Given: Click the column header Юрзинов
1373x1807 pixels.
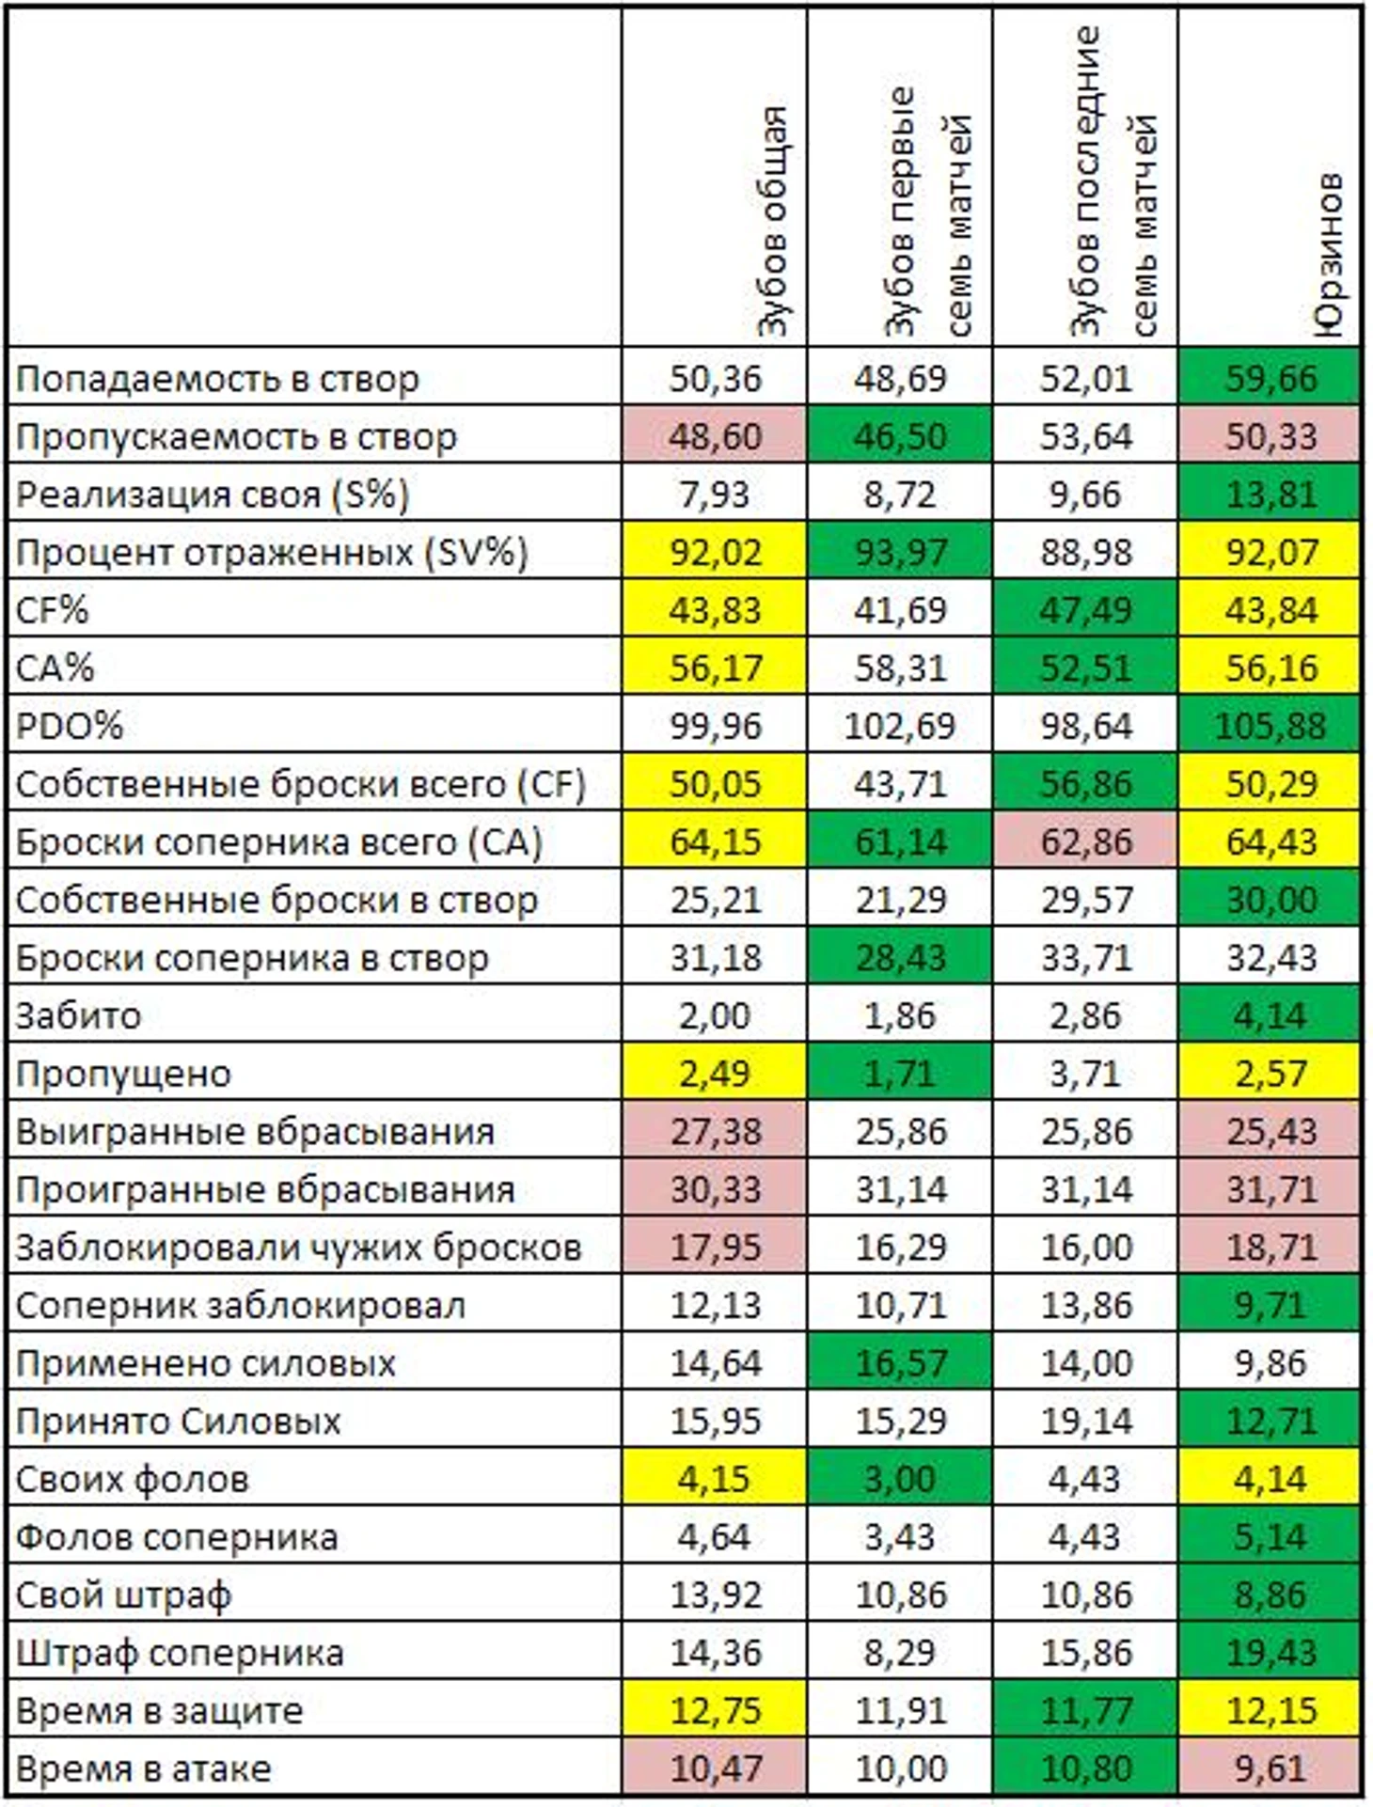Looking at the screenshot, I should [x=1329, y=254].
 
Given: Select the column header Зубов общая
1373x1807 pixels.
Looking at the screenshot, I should [x=773, y=221].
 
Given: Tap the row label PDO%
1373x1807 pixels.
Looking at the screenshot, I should [x=70, y=726].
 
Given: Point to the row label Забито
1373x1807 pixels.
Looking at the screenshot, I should [x=79, y=1015].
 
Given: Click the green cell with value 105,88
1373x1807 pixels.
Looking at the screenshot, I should [x=1270, y=726].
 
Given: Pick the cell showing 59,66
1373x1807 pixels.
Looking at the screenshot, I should [x=1270, y=378].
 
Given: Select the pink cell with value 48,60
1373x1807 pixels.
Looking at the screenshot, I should [x=715, y=436].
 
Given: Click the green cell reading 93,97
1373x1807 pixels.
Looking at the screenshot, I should [x=900, y=552].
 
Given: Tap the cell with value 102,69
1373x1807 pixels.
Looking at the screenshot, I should [x=900, y=726].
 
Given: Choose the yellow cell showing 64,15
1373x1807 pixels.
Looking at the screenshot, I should [x=715, y=841].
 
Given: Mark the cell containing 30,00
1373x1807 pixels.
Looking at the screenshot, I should [x=1270, y=900].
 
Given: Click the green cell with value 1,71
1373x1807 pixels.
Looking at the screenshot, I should [x=900, y=1073].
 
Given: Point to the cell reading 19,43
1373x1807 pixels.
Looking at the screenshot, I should [x=1270, y=1652].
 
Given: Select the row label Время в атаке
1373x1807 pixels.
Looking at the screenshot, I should [x=143, y=1768].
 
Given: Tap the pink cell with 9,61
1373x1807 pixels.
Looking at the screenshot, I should [x=1270, y=1768].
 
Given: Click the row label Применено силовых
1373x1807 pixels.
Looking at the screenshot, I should [x=205, y=1363].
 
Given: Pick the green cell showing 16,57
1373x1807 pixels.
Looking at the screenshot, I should [x=900, y=1363].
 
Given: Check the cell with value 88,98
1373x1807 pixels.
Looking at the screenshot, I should [x=1085, y=552].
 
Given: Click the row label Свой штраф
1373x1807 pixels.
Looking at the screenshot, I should [x=122, y=1595].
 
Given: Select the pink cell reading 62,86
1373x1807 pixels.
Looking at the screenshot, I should [x=1085, y=841].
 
